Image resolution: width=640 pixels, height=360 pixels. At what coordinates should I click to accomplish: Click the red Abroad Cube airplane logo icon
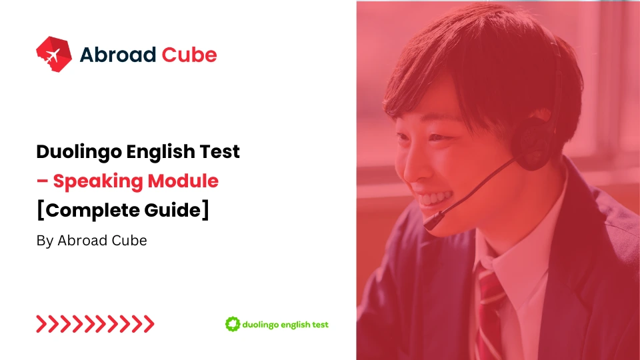point(53,54)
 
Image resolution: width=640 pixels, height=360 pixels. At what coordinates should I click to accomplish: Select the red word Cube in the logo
point(189,55)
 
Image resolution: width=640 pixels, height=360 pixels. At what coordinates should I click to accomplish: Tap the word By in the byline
point(45,241)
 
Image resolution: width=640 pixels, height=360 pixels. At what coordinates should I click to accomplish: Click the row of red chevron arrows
point(95,325)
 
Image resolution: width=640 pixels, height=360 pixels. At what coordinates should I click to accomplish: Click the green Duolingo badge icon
point(232,325)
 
